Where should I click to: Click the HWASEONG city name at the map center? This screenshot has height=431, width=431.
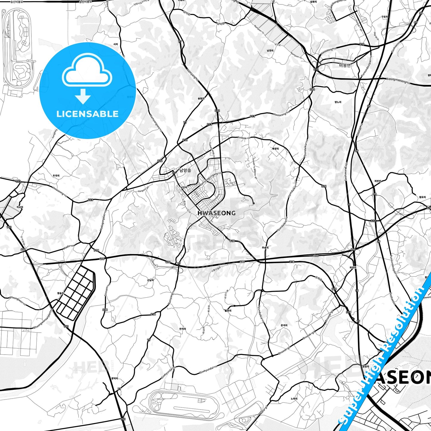(x=216, y=213)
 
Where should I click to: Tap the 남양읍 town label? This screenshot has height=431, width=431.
(x=185, y=171)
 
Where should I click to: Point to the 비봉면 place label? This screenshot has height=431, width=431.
(x=345, y=65)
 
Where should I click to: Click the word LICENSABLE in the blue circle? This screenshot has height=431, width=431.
(x=87, y=114)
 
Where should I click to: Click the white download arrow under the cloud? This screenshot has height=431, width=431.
(x=83, y=96)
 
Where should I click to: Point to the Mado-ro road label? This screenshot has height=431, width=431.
(x=69, y=247)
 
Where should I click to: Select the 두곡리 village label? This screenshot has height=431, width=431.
(x=56, y=176)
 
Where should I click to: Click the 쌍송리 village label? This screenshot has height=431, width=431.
(x=61, y=293)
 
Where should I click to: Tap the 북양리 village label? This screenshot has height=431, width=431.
(x=274, y=149)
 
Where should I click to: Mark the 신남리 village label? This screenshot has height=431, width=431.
(x=150, y=280)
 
